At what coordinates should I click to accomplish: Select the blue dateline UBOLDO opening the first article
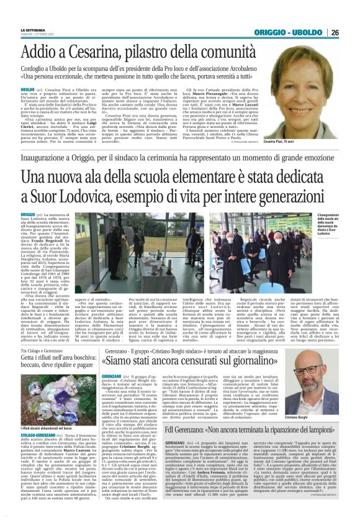[27, 89]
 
